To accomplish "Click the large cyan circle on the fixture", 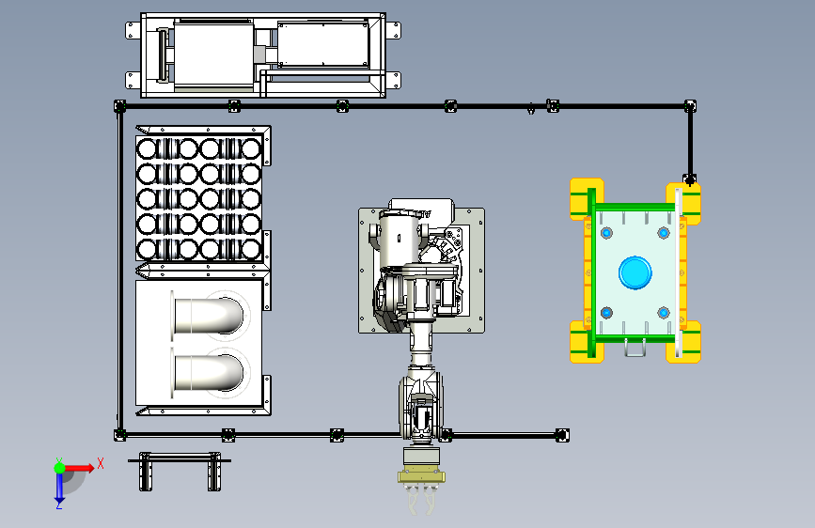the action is pos(635,272).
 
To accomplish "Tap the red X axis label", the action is pos(101,463).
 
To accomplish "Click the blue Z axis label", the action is pos(59,505).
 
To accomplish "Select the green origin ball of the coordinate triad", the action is pos(60,468).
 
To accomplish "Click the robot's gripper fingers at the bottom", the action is pos(421,500).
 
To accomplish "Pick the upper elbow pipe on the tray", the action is pos(208,316).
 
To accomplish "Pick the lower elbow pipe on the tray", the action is pos(208,373).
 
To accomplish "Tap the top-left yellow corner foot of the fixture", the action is pos(587,199).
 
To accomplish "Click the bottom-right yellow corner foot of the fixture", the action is pos(683,342).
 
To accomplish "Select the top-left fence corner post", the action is pos(120,106).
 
